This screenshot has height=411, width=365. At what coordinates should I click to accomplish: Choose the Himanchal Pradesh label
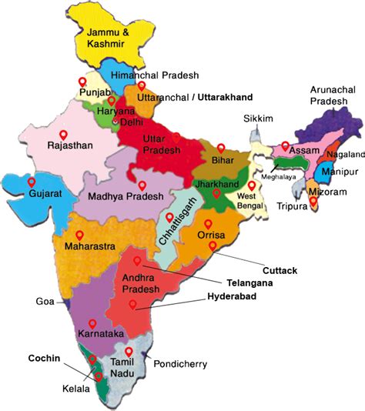pos(155,75)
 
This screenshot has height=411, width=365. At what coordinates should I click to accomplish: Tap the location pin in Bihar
pos(221,148)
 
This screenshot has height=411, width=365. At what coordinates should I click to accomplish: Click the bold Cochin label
pos(44,358)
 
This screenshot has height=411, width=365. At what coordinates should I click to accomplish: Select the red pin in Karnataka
pos(92,324)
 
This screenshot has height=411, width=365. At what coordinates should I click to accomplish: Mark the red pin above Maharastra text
pos(79,234)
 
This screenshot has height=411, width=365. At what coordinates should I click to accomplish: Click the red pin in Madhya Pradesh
pos(142,185)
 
